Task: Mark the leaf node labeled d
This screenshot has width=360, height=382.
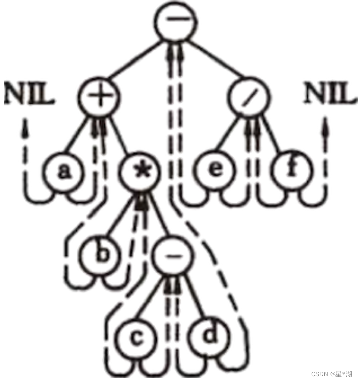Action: (210, 337)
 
